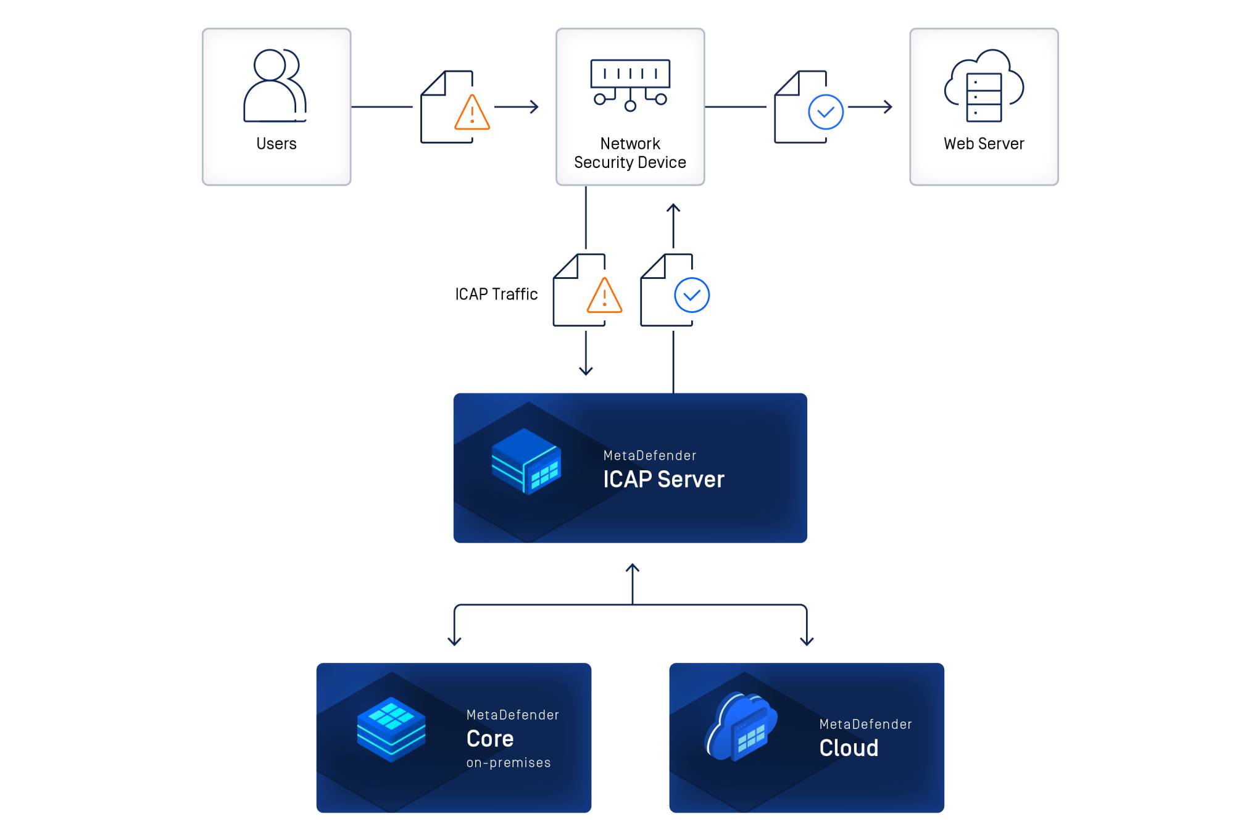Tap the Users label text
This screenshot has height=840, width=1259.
[x=276, y=144]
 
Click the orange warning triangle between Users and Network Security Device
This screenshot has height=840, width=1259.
[x=472, y=113]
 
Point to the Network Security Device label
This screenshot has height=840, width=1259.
[x=630, y=153]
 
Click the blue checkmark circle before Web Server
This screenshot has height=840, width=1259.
[x=826, y=112]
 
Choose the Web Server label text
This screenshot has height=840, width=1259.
[x=984, y=144]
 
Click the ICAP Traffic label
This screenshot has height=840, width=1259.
[x=496, y=294]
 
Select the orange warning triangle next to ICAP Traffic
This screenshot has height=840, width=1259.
[x=604, y=296]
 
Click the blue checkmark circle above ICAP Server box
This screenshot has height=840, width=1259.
[x=692, y=295]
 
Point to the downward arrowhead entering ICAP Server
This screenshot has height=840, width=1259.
[x=586, y=371]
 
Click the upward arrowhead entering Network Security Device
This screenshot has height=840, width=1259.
[x=673, y=208]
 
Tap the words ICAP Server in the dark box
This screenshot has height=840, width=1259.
[x=663, y=480]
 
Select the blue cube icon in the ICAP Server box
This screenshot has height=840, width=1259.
[x=526, y=461]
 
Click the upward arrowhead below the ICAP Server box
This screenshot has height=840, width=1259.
[x=632, y=568]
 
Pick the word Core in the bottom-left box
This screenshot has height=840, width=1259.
[x=490, y=739]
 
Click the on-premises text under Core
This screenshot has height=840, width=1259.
[x=509, y=763]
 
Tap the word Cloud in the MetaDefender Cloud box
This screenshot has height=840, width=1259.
[x=849, y=748]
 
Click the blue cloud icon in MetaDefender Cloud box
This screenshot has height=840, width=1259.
[x=741, y=726]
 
